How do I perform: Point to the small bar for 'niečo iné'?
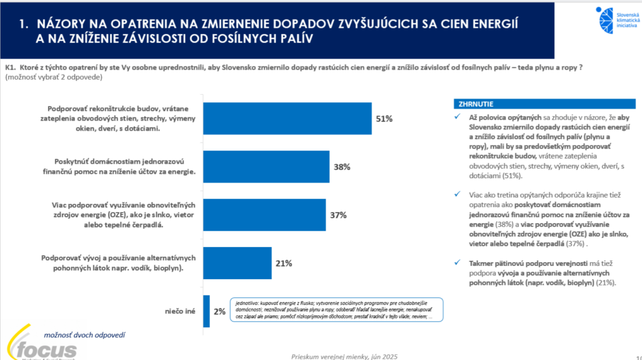point(206,311)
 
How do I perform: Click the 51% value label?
point(384,119)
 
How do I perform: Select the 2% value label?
point(219,311)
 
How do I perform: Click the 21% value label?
point(283,263)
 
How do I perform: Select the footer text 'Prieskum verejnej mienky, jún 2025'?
point(344,356)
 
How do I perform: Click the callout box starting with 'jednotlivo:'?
point(336,309)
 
